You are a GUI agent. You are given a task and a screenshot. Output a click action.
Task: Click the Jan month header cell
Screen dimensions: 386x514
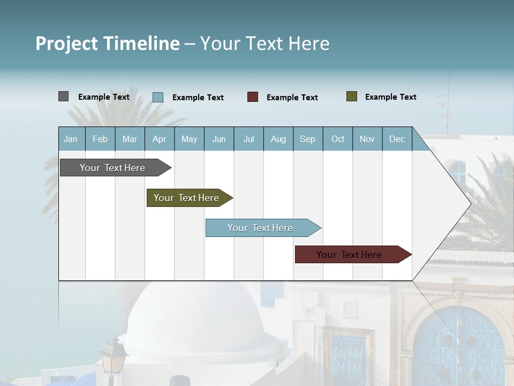click(71, 139)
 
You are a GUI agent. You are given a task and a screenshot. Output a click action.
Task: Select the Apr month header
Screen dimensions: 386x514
click(160, 139)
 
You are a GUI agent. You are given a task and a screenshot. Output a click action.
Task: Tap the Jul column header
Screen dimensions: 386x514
click(248, 139)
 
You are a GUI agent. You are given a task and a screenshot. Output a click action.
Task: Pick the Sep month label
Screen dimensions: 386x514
click(308, 139)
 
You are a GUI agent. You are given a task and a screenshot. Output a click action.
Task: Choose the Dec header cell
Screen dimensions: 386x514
click(397, 139)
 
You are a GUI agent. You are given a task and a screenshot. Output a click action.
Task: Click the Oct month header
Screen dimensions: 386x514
click(338, 139)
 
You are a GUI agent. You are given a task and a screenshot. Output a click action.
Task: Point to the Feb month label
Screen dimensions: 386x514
click(100, 139)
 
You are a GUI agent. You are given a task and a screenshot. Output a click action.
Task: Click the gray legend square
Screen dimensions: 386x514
click(63, 96)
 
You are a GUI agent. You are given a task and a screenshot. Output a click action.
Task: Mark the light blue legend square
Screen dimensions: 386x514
click(158, 97)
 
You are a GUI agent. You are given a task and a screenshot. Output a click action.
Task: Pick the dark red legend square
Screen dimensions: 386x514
click(253, 97)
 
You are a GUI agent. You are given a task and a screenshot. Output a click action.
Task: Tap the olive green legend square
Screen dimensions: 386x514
click(352, 96)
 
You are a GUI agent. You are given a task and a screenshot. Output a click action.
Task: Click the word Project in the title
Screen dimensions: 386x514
click(67, 43)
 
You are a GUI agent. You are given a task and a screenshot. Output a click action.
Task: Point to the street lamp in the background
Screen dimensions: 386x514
click(113, 357)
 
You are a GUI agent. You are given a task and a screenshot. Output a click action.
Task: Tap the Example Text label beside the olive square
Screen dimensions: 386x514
click(390, 97)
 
